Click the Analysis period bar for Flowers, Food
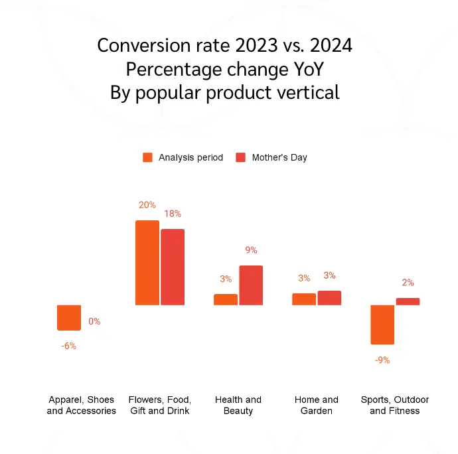147,263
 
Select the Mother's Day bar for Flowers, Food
173,267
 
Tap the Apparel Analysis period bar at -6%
69,317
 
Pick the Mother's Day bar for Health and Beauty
251,285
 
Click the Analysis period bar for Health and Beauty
226,299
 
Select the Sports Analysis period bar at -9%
382,325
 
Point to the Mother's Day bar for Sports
408,301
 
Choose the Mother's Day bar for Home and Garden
329,298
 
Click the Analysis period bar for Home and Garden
304,299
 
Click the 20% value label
147,205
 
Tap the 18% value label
173,214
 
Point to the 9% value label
251,250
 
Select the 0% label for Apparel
94,321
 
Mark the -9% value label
382,360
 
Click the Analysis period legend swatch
148,157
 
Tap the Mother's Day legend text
279,157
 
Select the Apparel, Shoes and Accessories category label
81,405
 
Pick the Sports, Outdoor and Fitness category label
395,405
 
